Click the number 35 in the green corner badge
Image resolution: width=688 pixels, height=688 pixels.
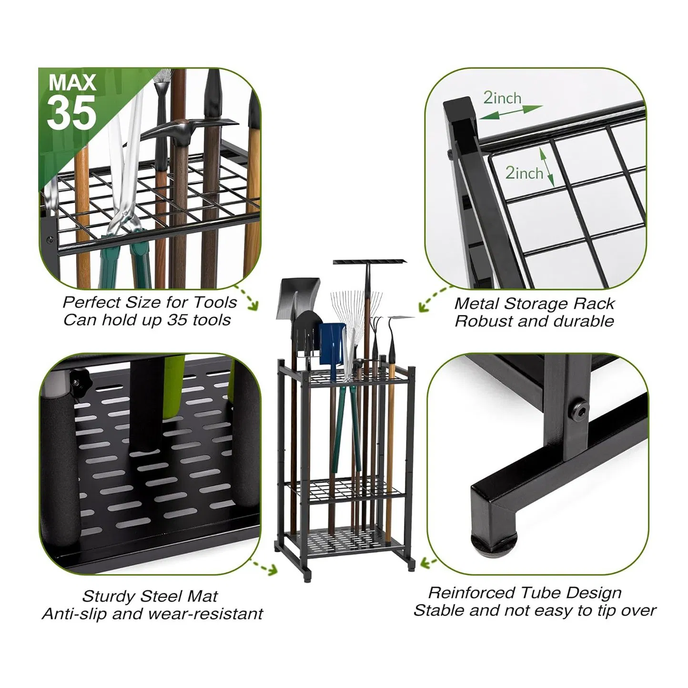tap(71, 113)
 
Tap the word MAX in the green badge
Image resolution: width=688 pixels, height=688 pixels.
tap(72, 83)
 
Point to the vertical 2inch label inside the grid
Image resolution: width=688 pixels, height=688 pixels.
tap(524, 172)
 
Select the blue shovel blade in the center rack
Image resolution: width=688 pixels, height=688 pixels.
tap(333, 341)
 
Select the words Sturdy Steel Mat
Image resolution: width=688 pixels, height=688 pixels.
tap(150, 596)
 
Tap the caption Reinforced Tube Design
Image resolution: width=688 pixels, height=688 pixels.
tap(525, 593)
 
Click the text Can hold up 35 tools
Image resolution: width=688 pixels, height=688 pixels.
tap(147, 320)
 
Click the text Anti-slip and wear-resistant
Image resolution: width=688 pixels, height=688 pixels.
tap(152, 614)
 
